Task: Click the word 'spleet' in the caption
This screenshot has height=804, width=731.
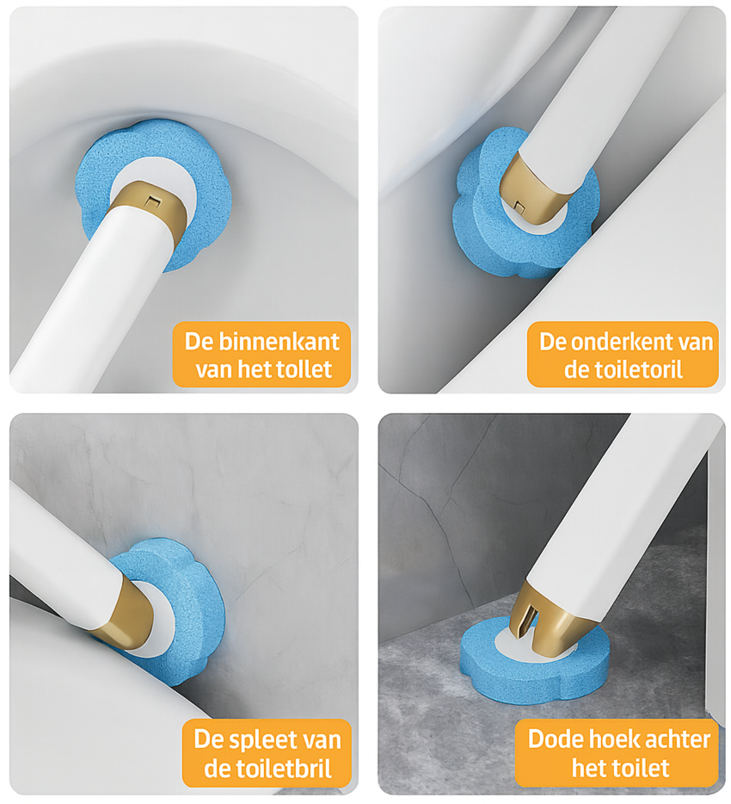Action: tap(252, 739)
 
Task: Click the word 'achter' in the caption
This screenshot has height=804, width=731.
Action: tap(675, 739)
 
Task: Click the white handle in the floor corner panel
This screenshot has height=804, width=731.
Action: tap(628, 508)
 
